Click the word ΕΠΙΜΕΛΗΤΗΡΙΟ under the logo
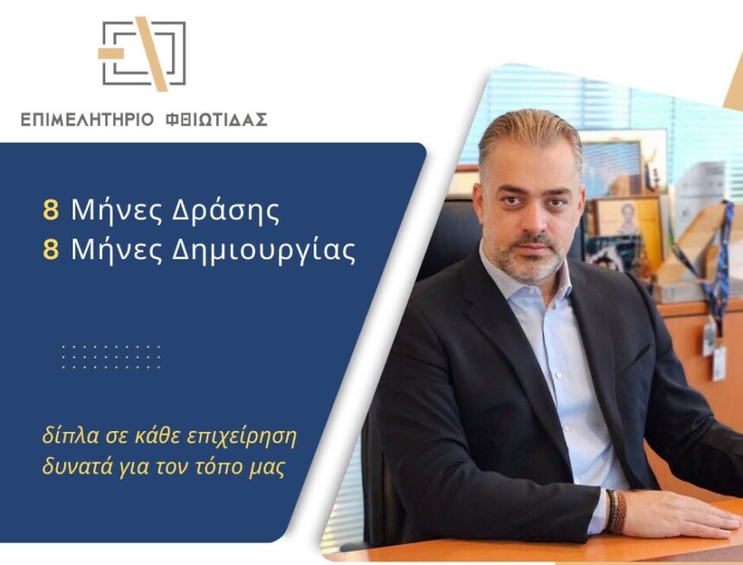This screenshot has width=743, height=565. (x=87, y=119)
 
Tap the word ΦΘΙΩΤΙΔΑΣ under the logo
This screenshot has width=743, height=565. (x=217, y=119)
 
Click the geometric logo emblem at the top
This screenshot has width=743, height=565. (x=143, y=54)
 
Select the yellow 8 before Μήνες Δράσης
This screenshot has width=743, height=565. (x=51, y=210)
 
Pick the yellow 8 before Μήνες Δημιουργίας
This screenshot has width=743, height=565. (x=51, y=250)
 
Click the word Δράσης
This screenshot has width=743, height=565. (x=225, y=212)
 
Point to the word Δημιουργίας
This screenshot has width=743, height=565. (x=264, y=251)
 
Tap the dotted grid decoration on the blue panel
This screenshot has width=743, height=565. (x=111, y=358)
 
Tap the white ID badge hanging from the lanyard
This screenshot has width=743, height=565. (x=719, y=363)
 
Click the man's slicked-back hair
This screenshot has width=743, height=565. (x=530, y=135)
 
